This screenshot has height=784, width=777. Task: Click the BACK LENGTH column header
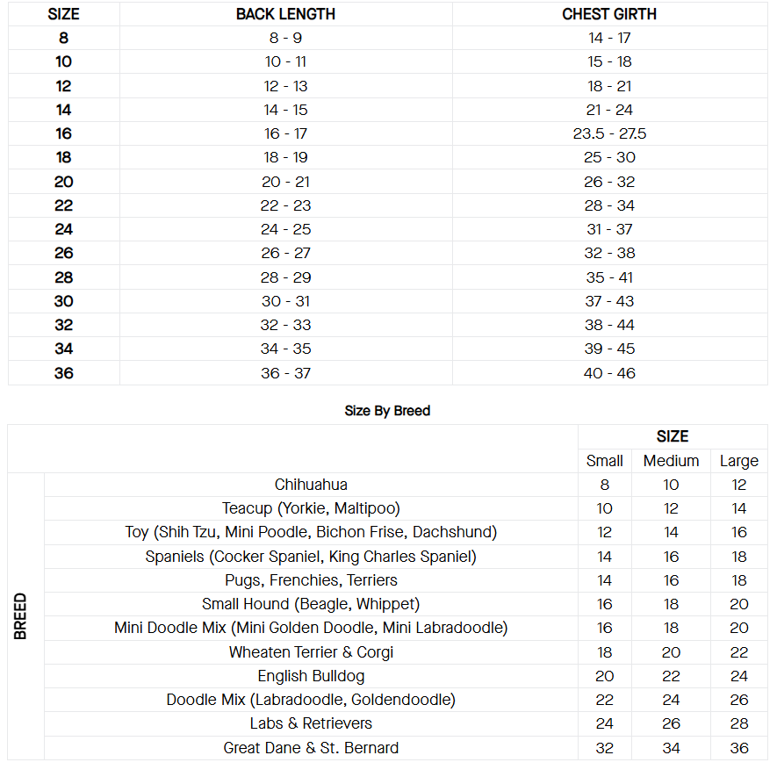click(285, 14)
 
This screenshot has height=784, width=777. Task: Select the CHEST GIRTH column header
click(609, 14)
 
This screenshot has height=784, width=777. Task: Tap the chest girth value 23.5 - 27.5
click(609, 133)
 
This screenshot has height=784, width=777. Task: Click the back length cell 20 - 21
click(285, 182)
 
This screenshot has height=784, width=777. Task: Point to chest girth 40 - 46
click(609, 373)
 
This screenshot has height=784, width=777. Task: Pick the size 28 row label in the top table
click(64, 277)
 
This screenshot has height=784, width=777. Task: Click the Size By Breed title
click(387, 411)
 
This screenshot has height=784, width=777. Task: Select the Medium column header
click(671, 461)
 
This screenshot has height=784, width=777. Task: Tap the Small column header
click(604, 461)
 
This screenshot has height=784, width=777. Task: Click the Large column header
click(738, 461)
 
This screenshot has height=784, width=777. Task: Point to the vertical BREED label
click(22, 616)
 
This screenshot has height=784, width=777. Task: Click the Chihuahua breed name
click(311, 485)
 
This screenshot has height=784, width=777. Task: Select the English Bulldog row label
click(311, 676)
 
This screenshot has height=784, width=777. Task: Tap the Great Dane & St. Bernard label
click(311, 748)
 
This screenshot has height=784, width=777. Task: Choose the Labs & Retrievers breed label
click(311, 723)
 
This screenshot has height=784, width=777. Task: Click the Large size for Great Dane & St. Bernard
click(738, 748)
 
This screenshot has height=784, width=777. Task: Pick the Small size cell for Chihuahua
click(604, 485)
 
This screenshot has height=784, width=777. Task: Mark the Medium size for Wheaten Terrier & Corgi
click(671, 652)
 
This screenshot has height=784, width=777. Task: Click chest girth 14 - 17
click(609, 38)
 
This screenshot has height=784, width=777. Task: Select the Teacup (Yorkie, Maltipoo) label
click(311, 508)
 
